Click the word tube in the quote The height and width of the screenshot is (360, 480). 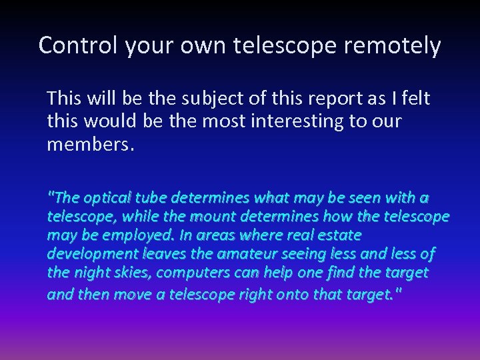coord(151,198)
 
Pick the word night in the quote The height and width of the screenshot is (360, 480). coord(92,273)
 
